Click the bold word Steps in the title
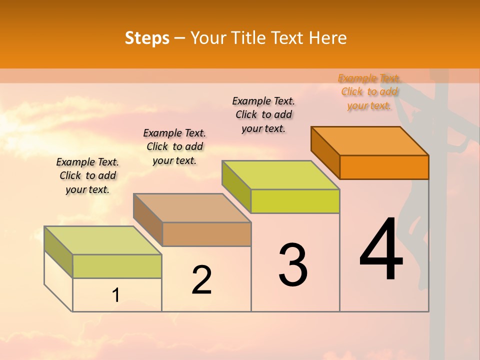(147, 38)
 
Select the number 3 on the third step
(293, 265)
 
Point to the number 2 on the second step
(202, 280)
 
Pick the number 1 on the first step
(115, 295)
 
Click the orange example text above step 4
(369, 92)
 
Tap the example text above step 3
(263, 114)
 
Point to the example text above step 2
(174, 146)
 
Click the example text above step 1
(87, 175)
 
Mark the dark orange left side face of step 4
(325, 152)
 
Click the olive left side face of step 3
(236, 185)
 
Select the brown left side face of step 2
(147, 218)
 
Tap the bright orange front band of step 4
(384, 167)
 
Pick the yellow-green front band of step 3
(295, 201)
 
